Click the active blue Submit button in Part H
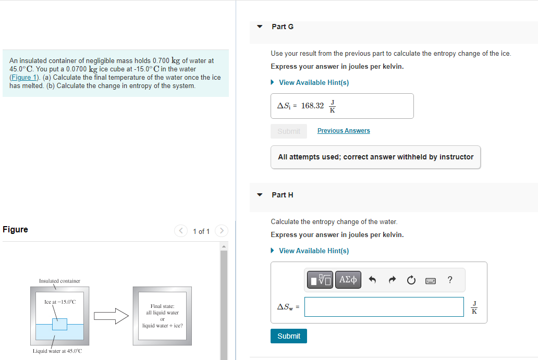click(289, 336)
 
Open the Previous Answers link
click(344, 131)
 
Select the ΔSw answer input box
click(384, 307)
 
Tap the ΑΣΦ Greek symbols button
click(348, 280)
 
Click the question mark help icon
click(450, 280)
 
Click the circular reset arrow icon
click(411, 280)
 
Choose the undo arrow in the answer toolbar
click(372, 280)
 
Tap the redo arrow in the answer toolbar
click(392, 280)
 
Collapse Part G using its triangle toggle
click(260, 26)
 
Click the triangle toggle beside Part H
click(260, 195)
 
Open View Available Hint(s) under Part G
click(314, 82)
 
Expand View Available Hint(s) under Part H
click(314, 251)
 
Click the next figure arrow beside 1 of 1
click(222, 230)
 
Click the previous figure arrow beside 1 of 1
click(180, 230)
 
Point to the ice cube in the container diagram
click(59, 324)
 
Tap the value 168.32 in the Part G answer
click(312, 106)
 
